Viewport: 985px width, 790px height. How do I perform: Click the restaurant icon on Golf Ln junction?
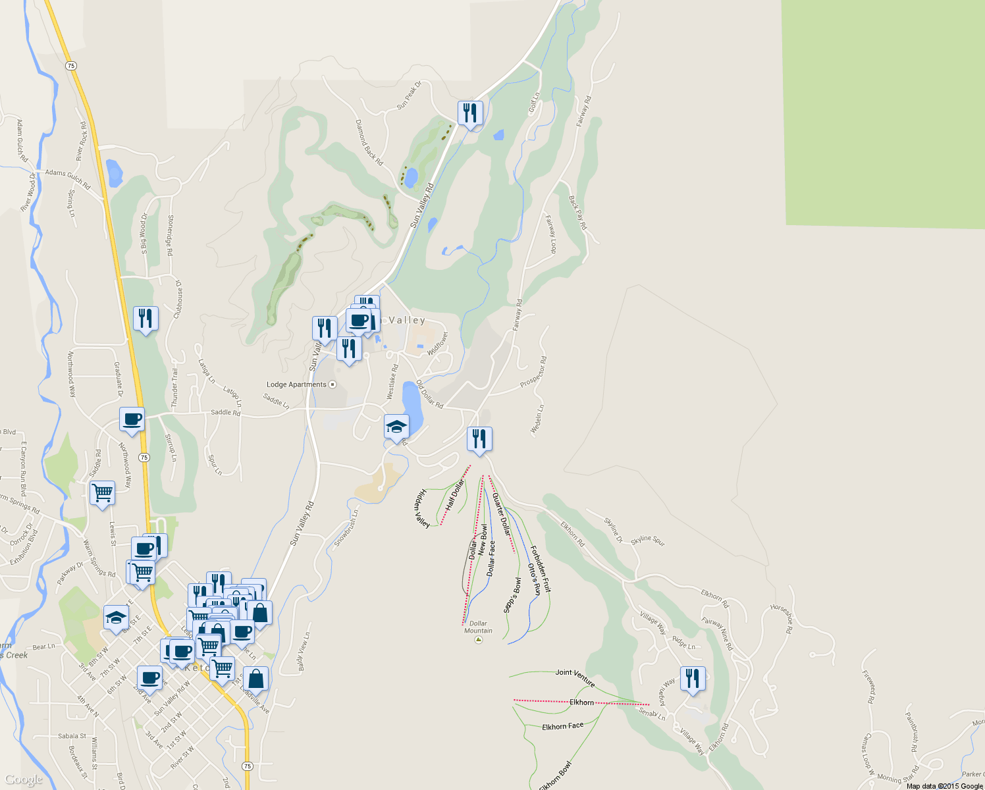click(x=470, y=113)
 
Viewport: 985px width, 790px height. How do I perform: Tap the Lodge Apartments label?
click(x=296, y=384)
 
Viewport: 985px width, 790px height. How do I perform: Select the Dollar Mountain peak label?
click(x=478, y=627)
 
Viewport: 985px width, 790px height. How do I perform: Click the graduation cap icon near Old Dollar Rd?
click(x=396, y=427)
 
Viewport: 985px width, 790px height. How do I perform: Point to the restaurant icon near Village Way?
click(x=693, y=678)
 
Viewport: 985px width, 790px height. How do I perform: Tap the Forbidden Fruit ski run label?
click(x=541, y=569)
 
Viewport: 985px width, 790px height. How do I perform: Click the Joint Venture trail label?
click(x=575, y=677)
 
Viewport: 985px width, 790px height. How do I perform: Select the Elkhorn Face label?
click(x=562, y=726)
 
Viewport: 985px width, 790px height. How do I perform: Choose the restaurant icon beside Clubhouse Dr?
click(x=146, y=319)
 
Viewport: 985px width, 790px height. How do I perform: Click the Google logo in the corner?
click(x=24, y=780)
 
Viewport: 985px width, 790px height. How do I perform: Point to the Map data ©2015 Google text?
click(x=944, y=786)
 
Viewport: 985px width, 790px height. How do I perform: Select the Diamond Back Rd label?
click(x=369, y=142)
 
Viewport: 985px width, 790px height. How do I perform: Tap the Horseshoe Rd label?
click(x=781, y=619)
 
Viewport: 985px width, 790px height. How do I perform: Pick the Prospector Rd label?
click(x=533, y=372)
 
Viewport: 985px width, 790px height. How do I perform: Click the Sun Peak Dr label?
click(x=409, y=95)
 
